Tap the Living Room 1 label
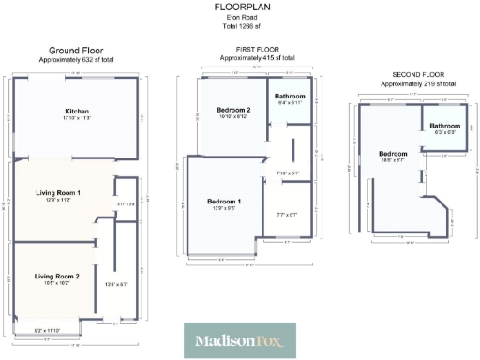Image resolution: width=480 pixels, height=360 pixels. click(58, 193)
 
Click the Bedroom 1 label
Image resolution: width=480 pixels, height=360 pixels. click(224, 202)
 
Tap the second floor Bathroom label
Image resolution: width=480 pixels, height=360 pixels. click(444, 125)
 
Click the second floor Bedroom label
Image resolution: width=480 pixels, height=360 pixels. click(393, 154)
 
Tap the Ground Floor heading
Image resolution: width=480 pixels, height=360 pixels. click(77, 51)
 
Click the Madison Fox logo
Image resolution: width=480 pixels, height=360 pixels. click(239, 340)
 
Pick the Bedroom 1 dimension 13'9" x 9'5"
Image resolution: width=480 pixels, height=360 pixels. click(224, 210)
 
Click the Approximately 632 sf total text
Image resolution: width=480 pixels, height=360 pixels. click(77, 59)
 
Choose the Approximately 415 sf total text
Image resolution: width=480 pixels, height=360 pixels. click(251, 58)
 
